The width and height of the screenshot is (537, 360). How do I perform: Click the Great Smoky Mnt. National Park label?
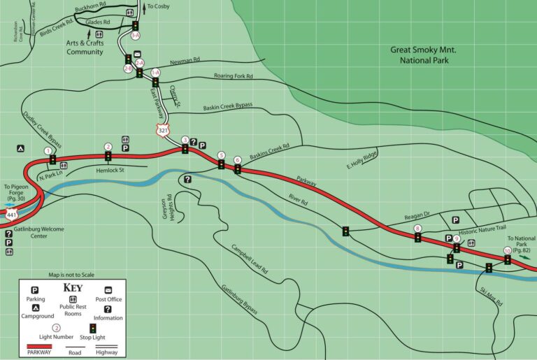click(x=428, y=55)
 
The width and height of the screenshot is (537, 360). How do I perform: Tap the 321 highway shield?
click(x=163, y=130)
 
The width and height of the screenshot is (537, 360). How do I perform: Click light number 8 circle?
click(x=417, y=229)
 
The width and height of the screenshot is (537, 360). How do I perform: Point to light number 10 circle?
click(x=508, y=251)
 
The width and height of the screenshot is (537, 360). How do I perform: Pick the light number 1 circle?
click(x=48, y=150)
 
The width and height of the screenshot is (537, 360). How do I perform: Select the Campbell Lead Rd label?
click(x=250, y=258)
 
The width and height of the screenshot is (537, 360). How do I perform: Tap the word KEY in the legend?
click(x=73, y=287)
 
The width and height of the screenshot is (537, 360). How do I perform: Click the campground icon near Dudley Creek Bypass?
click(x=22, y=148)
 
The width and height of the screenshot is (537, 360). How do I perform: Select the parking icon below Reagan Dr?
click(x=454, y=220)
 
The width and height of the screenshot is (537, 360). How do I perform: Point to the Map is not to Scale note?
click(x=71, y=275)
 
